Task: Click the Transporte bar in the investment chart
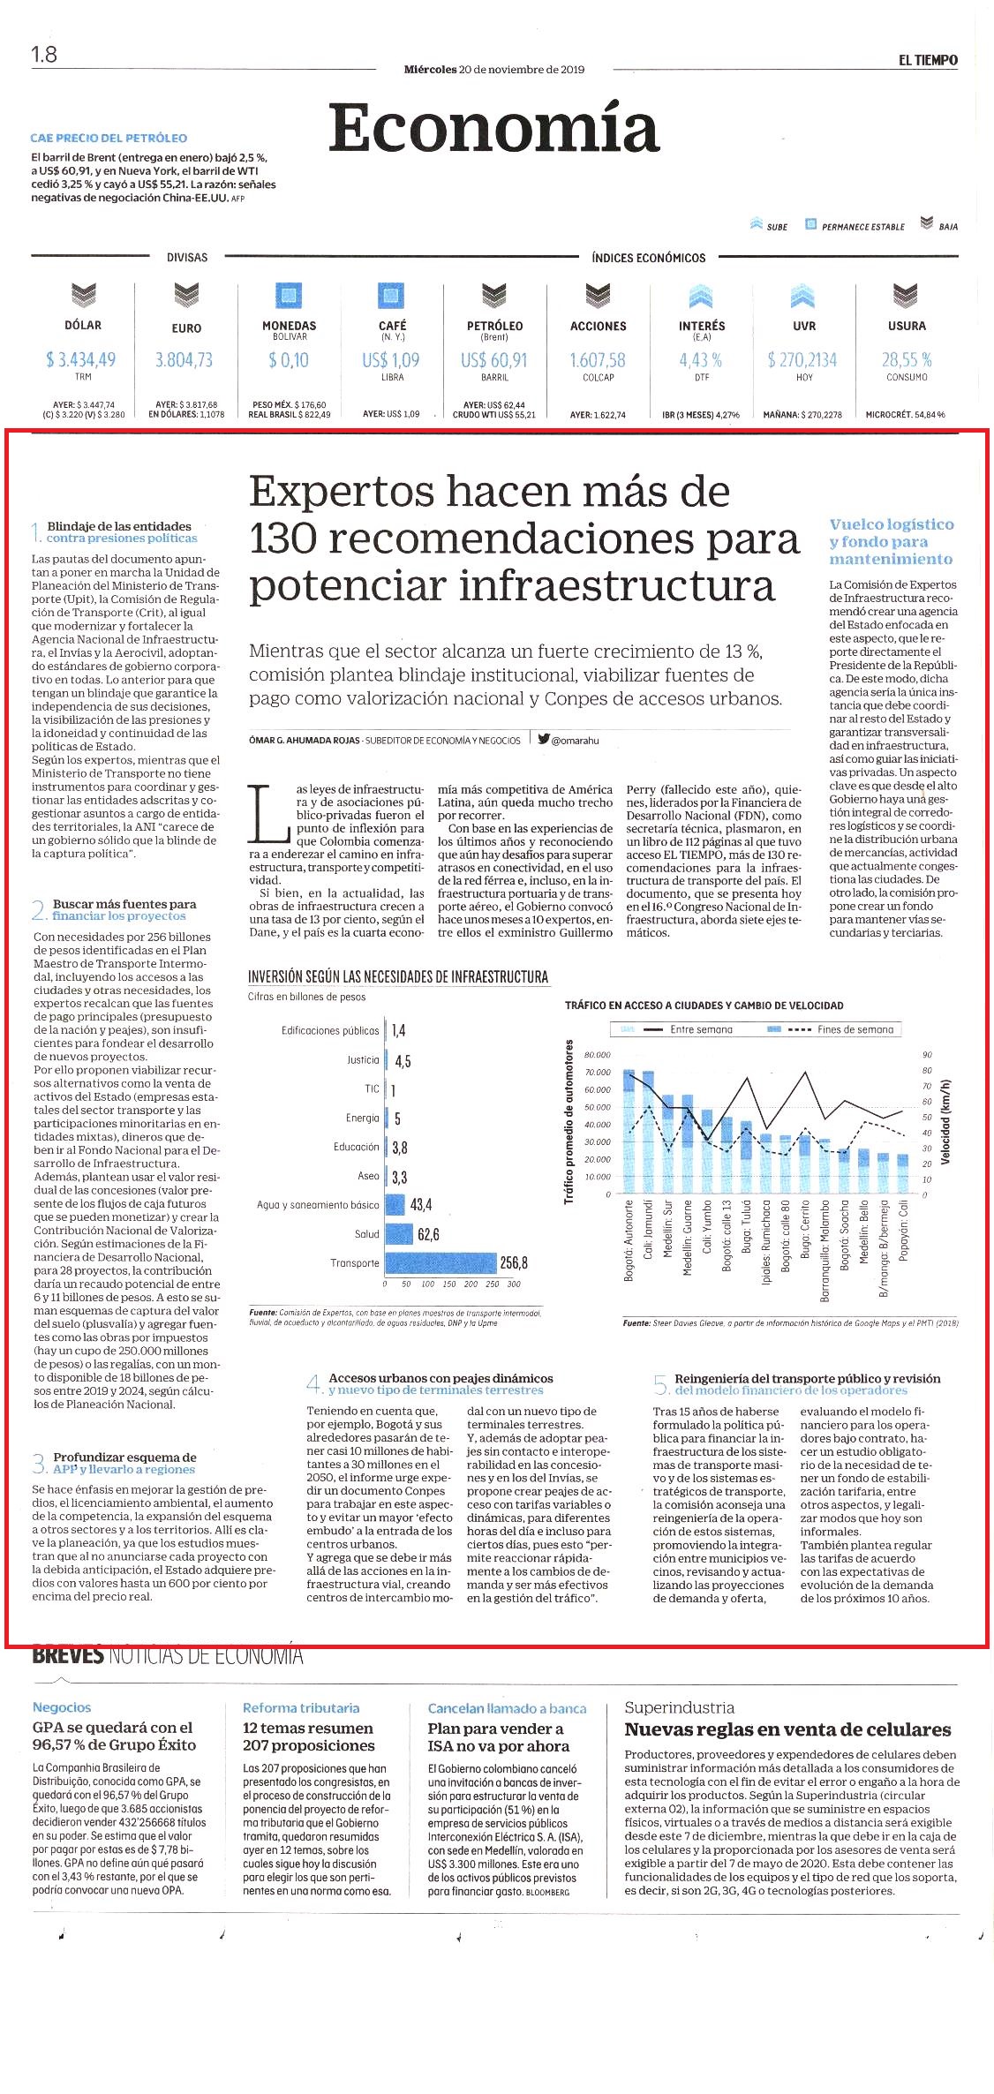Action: pyautogui.click(x=441, y=1262)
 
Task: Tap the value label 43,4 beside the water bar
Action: pyautogui.click(x=421, y=1204)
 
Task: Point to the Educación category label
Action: pyautogui.click(x=356, y=1147)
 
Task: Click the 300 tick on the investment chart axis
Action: pyautogui.click(x=514, y=1284)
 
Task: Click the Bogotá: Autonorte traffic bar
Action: pyautogui.click(x=629, y=1132)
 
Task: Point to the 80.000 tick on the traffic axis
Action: pyautogui.click(x=598, y=1055)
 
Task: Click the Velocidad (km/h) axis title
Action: pyautogui.click(x=945, y=1121)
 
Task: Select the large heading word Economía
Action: pyautogui.click(x=494, y=129)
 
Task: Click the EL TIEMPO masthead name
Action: pyautogui.click(x=928, y=60)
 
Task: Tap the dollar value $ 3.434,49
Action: pyautogui.click(x=81, y=359)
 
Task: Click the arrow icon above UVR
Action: pyautogui.click(x=802, y=296)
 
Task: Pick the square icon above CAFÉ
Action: pyautogui.click(x=391, y=295)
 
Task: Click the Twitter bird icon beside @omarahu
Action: pyautogui.click(x=544, y=739)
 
